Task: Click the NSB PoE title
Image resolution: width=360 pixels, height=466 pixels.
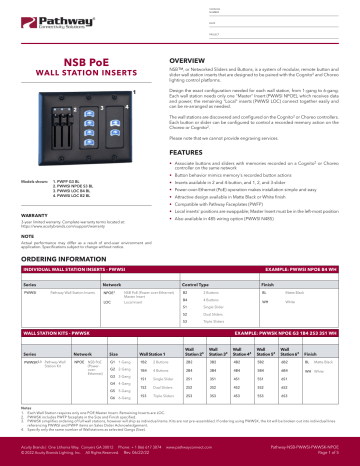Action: pyautogui.click(x=87, y=61)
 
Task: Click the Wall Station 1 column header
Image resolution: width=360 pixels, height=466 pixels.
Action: pyautogui.click(x=153, y=382)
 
